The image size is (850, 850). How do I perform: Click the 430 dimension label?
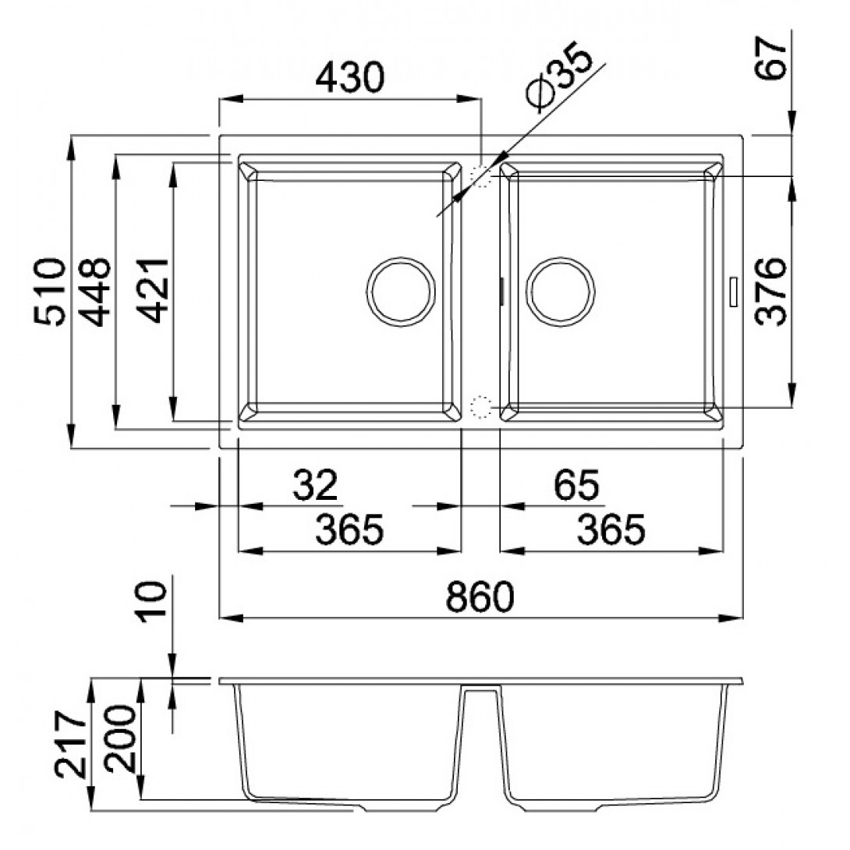click(349, 77)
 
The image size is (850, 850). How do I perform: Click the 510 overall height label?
click(49, 291)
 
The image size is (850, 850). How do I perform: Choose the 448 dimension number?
click(95, 291)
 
